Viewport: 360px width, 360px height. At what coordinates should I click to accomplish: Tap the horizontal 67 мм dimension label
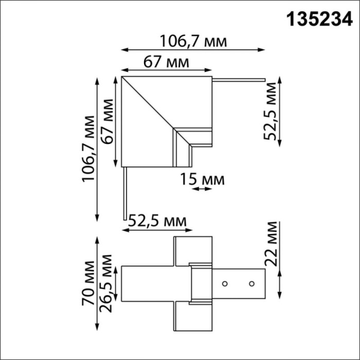point(166,62)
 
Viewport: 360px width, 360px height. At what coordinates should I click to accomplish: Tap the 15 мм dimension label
point(202,179)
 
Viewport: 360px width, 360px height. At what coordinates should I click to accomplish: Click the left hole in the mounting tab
point(225,283)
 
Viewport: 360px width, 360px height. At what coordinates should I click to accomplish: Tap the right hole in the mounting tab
point(251,283)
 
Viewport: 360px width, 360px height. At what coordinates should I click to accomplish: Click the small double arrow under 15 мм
point(201,189)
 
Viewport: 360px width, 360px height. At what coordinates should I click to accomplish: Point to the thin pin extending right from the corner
point(239,79)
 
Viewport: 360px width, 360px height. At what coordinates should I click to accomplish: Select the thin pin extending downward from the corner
point(123,193)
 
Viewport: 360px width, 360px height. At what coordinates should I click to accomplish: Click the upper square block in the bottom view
point(193,249)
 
